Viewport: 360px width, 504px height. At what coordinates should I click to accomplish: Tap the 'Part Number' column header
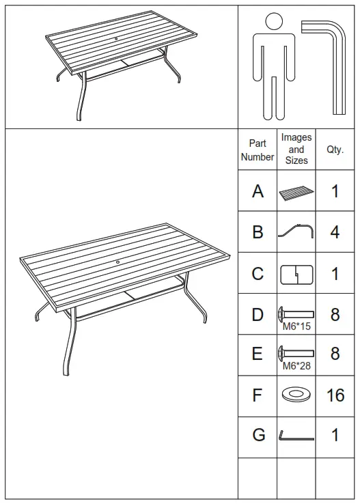point(258,150)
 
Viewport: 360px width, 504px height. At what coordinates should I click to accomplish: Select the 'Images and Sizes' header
point(296,149)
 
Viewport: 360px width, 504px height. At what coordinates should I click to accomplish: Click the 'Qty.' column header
point(335,150)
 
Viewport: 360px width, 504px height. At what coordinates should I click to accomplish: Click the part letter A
point(258,191)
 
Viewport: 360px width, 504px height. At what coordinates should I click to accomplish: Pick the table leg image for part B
point(296,232)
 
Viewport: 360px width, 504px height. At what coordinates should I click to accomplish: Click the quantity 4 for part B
point(335,232)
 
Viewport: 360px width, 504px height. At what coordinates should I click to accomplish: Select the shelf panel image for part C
point(296,274)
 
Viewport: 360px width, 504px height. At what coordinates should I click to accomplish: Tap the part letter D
point(258,315)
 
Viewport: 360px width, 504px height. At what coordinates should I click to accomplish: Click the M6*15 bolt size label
point(296,326)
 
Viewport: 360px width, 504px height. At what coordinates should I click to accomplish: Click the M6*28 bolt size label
point(296,366)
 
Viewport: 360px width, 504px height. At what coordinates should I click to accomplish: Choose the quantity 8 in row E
point(335,354)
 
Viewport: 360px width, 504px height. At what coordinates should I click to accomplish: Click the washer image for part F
point(296,395)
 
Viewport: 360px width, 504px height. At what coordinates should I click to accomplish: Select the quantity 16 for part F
point(335,395)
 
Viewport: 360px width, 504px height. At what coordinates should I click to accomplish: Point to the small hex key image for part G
point(296,436)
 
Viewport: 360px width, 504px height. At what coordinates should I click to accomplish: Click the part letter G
point(258,435)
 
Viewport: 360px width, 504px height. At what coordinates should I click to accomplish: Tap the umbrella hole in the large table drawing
point(117,262)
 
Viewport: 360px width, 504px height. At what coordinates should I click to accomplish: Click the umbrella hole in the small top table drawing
point(114,39)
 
